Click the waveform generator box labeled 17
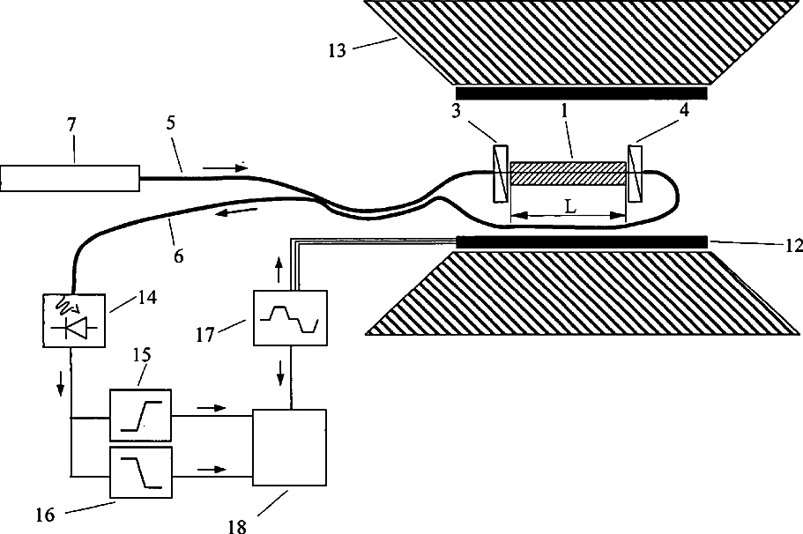[289, 316]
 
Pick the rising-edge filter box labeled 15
[141, 414]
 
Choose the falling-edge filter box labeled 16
[141, 471]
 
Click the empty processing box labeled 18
[289, 447]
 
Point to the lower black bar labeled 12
[582, 241]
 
